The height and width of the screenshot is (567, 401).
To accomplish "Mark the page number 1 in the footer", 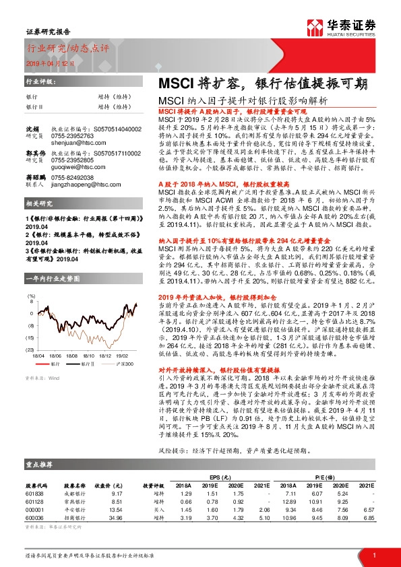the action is pos(373,554).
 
